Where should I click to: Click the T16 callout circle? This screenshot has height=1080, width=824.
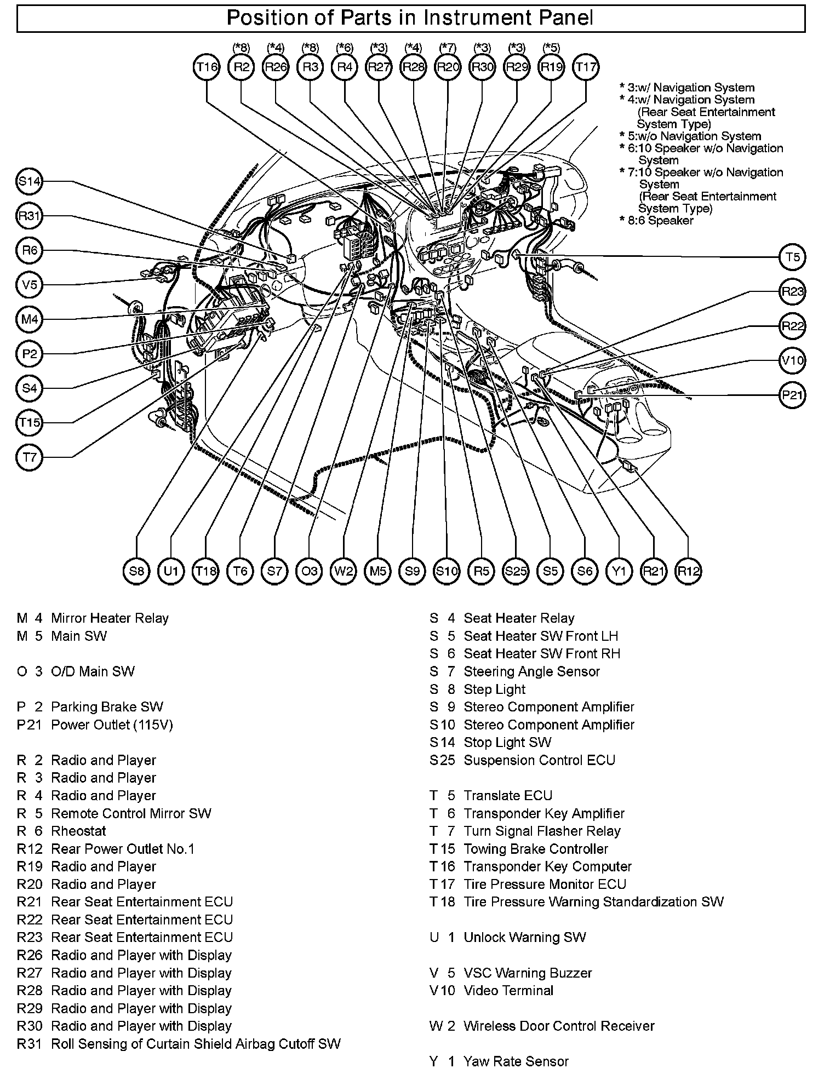(x=207, y=67)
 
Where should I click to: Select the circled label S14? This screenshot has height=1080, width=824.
(x=30, y=182)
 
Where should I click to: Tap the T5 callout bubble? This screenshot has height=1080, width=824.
(x=792, y=257)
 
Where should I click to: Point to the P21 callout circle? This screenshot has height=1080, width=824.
(x=792, y=395)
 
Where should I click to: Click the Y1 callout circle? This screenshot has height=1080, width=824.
(x=619, y=571)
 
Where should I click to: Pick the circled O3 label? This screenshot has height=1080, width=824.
(x=309, y=571)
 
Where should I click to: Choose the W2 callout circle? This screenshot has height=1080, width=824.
(x=344, y=571)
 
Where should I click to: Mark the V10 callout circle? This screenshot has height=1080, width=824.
(x=792, y=360)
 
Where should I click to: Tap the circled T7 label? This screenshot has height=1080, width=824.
(x=30, y=457)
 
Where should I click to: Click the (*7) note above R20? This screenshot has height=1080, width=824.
(x=448, y=48)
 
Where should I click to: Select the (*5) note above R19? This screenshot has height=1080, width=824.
(x=551, y=48)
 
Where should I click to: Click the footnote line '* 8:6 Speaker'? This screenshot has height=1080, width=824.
(x=656, y=221)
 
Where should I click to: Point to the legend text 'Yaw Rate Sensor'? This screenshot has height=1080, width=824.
(x=516, y=1061)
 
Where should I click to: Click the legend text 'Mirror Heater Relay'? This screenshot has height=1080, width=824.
(x=110, y=618)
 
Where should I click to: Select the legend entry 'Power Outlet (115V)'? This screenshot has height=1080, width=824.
(x=112, y=725)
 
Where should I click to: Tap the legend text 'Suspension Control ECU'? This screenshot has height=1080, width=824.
(x=539, y=760)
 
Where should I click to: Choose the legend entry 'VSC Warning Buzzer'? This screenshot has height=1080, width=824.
(x=528, y=973)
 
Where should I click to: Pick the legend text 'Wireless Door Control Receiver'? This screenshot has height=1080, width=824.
(x=559, y=1026)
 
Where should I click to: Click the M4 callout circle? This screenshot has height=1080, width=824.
(x=30, y=319)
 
